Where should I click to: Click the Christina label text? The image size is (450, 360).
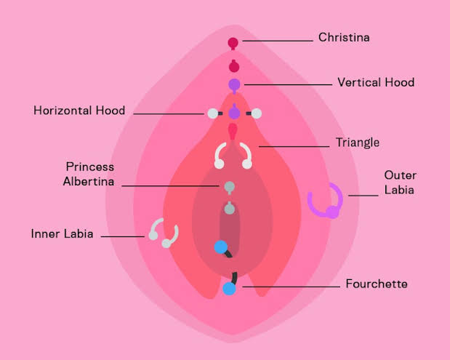344,38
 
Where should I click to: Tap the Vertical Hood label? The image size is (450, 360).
376,82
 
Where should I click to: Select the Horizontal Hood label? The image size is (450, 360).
79,111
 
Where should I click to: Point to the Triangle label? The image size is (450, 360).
358,143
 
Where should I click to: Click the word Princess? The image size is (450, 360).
90,167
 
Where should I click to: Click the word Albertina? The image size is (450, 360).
89,181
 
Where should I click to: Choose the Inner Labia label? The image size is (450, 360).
62,233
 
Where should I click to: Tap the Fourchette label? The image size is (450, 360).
377,284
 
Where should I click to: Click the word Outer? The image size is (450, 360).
401,175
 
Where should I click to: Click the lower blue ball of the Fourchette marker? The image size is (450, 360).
229,289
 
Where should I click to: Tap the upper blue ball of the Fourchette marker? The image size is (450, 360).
221,247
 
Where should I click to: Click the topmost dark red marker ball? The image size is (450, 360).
233,43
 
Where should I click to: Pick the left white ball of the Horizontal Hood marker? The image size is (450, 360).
213,113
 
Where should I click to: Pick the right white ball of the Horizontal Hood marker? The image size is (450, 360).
257,113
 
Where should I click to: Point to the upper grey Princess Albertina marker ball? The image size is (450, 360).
229,187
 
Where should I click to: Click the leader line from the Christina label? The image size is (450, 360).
278,41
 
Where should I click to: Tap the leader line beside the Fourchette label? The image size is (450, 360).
291,287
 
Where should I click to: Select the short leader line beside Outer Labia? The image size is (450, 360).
363,196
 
